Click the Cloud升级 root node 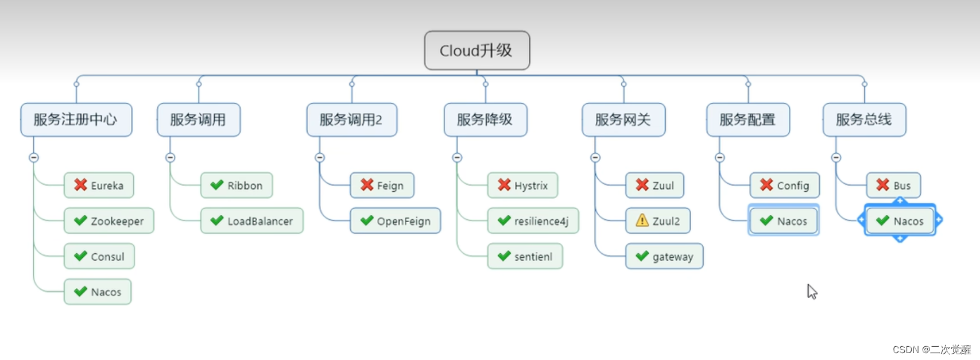pyautogui.click(x=477, y=51)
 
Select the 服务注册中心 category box pyautogui.click(x=76, y=119)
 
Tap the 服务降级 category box pyautogui.click(x=485, y=119)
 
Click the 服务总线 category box pyautogui.click(x=864, y=119)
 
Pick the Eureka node pyautogui.click(x=99, y=185)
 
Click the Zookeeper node pyautogui.click(x=109, y=221)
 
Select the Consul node pyautogui.click(x=99, y=257)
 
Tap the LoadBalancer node pyautogui.click(x=251, y=221)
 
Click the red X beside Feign pyautogui.click(x=367, y=185)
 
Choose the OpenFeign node pyautogui.click(x=395, y=221)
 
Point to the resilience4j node pyautogui.click(x=533, y=221)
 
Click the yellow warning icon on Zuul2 pyautogui.click(x=642, y=220)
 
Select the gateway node pyautogui.click(x=664, y=257)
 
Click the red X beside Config pyautogui.click(x=766, y=185)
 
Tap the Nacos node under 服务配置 pyautogui.click(x=784, y=221)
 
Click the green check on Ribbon pyautogui.click(x=217, y=185)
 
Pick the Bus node pyautogui.click(x=893, y=185)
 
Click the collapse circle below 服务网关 pyautogui.click(x=595, y=157)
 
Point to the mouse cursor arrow pyautogui.click(x=811, y=291)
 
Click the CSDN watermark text pyautogui.click(x=931, y=350)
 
